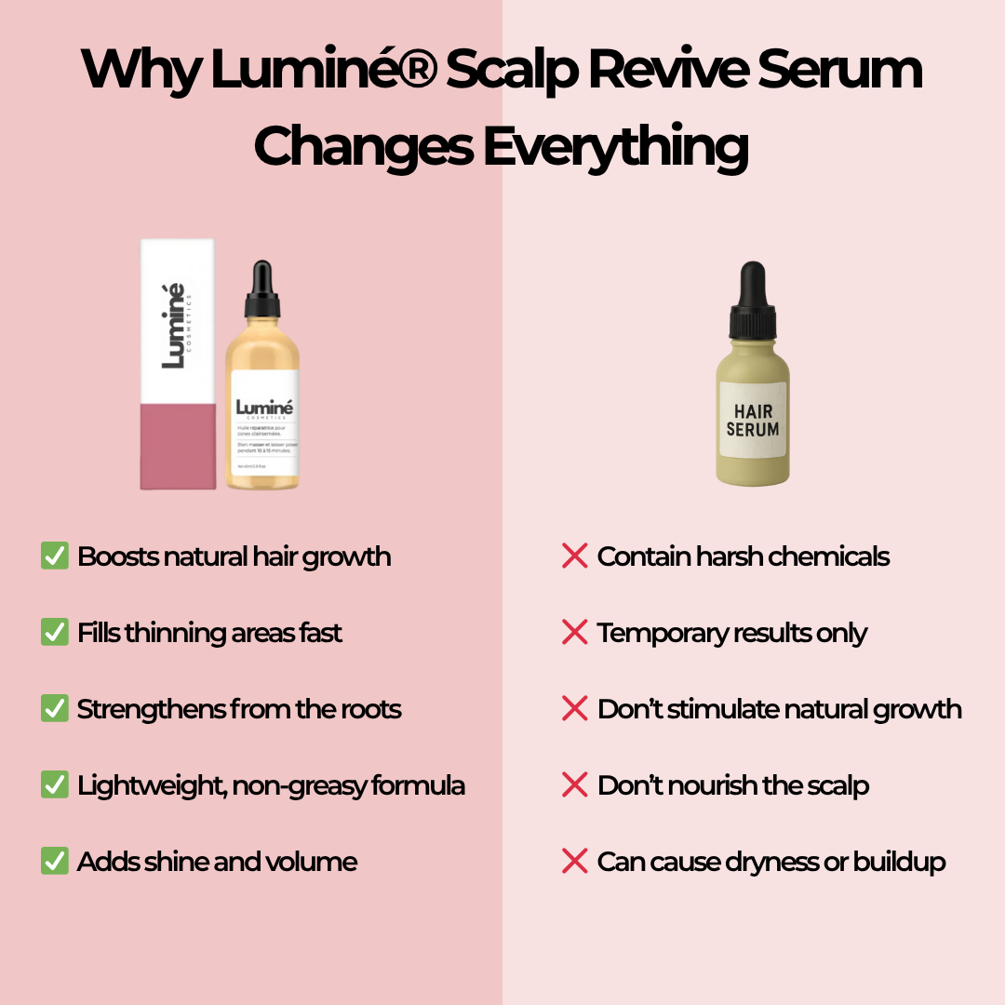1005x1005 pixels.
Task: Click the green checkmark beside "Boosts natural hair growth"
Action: [54, 556]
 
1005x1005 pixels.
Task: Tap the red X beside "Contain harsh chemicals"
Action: [574, 556]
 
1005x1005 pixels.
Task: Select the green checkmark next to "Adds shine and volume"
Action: [54, 862]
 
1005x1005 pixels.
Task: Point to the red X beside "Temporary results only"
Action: [574, 633]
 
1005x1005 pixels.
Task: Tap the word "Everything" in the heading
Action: [615, 146]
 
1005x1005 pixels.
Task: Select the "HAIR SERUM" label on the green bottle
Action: [753, 421]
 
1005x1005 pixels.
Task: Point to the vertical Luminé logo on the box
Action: [174, 326]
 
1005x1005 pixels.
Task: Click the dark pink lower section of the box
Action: [178, 447]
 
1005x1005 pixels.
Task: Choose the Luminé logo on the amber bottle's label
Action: [265, 409]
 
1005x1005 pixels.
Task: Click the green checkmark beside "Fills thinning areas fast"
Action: [54, 633]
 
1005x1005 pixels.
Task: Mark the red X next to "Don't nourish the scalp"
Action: [574, 785]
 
